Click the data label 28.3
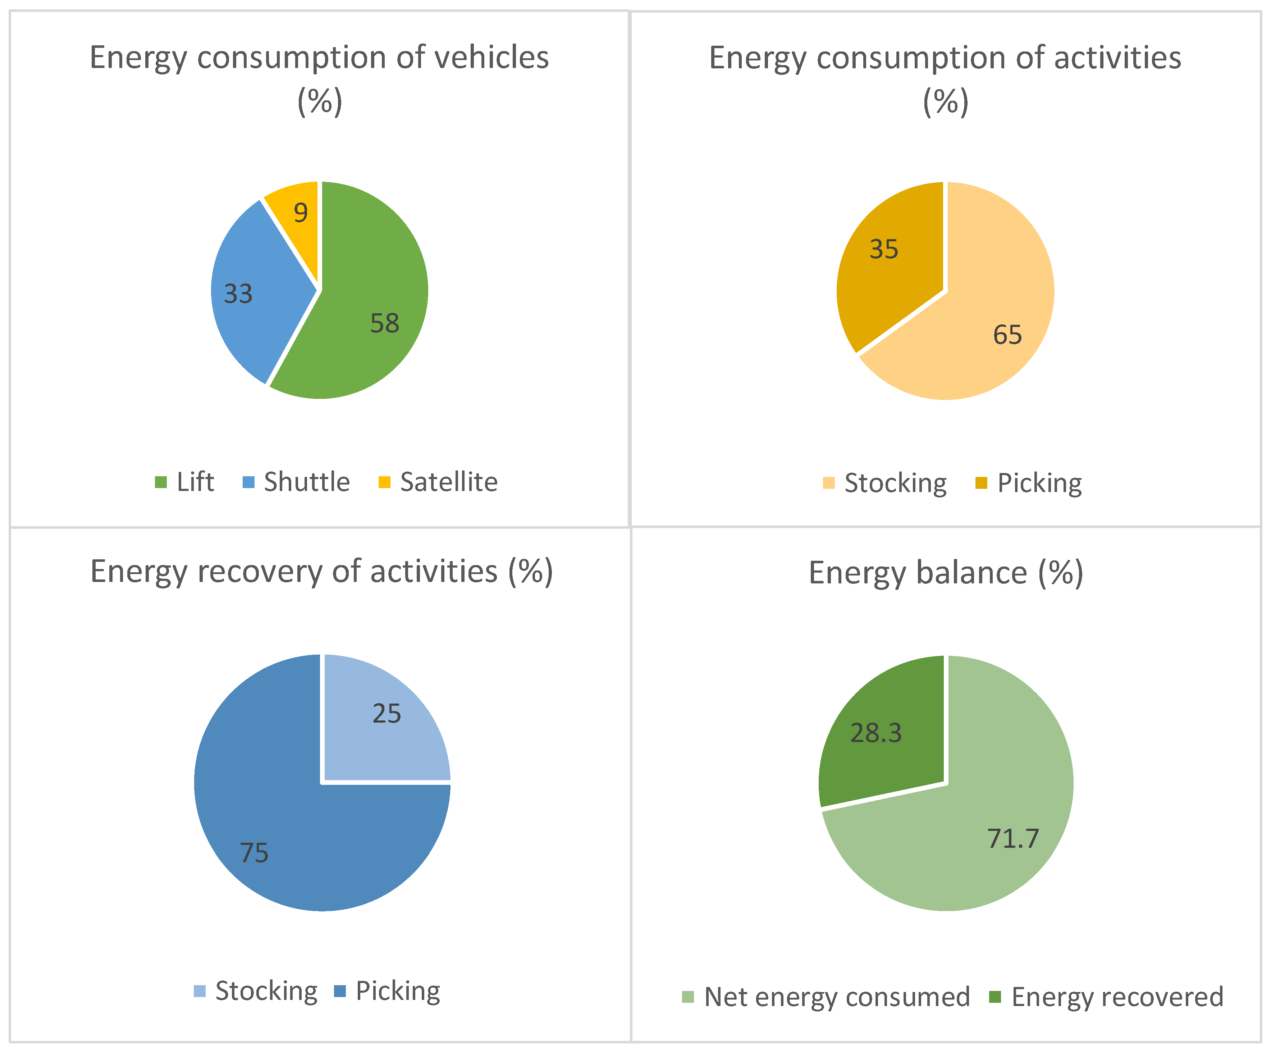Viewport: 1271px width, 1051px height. coord(876,733)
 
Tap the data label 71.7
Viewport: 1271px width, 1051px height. coord(1013,838)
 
